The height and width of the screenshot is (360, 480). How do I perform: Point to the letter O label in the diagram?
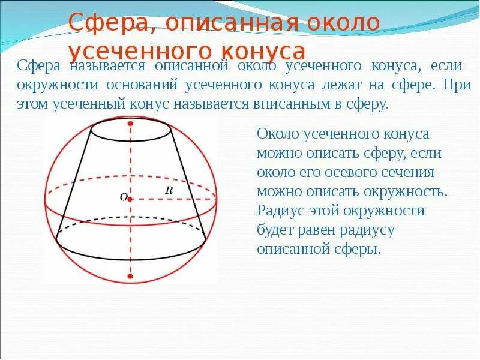[x=124, y=197]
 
